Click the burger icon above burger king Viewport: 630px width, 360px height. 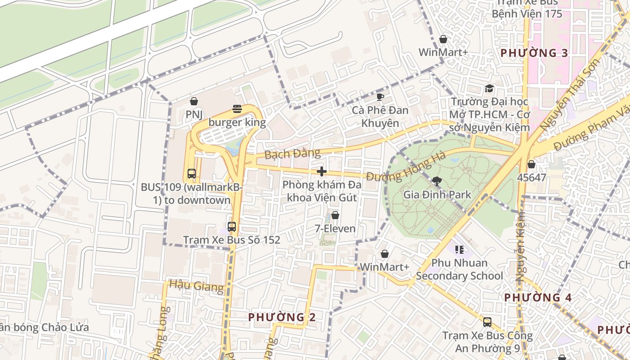[x=237, y=108]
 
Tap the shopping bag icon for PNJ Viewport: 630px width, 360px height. [x=194, y=101]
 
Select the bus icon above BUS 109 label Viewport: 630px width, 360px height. [x=192, y=173]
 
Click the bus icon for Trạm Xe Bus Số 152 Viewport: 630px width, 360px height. [x=232, y=226]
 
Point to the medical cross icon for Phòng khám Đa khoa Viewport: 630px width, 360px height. [x=322, y=171]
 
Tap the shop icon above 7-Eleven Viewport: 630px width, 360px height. [x=335, y=215]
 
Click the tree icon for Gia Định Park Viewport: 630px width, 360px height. [x=436, y=181]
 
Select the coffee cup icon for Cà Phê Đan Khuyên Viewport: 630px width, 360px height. [x=380, y=97]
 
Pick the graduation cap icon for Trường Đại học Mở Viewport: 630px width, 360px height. [x=489, y=88]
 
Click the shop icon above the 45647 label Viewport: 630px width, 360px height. [x=531, y=164]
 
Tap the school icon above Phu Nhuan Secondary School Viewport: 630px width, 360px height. [x=459, y=249]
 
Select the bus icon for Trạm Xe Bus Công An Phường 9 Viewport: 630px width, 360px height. [x=487, y=322]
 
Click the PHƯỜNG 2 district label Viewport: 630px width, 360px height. [x=282, y=317]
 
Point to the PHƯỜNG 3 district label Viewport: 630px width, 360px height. [x=534, y=53]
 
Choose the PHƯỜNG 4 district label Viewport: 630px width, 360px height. [x=538, y=297]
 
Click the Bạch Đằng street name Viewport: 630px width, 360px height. [x=292, y=154]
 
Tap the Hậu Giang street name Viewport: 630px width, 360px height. [x=196, y=286]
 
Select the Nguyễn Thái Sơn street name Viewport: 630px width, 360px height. [x=570, y=95]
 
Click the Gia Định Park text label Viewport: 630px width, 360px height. [x=437, y=195]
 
